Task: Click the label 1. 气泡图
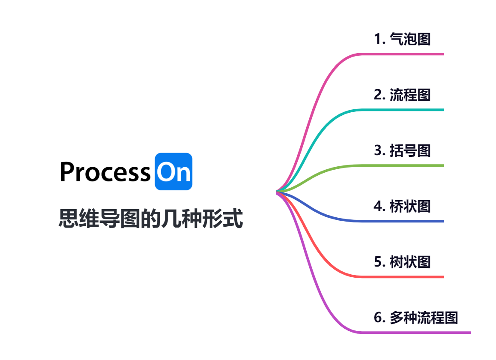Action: click(x=402, y=39)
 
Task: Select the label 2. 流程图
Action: click(x=402, y=95)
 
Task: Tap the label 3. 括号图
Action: click(x=402, y=150)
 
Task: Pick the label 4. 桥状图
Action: click(x=402, y=206)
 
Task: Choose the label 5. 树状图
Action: click(x=402, y=262)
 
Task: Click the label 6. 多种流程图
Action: click(x=415, y=318)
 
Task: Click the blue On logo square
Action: click(x=173, y=171)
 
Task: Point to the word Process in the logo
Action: click(x=105, y=172)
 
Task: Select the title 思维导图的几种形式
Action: click(x=151, y=219)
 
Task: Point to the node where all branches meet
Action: click(x=278, y=192)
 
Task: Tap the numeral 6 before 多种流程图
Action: click(x=378, y=318)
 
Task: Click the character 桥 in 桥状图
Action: click(x=397, y=206)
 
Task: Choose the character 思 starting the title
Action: click(x=67, y=219)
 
